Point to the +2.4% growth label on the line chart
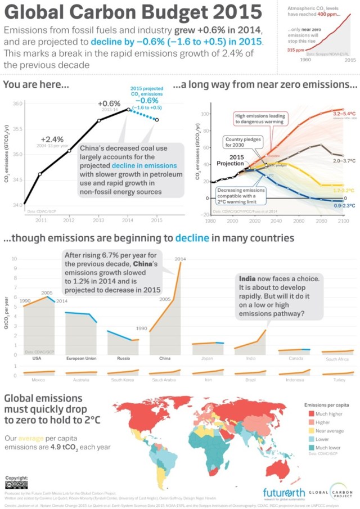click(x=52, y=139)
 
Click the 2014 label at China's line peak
click(x=180, y=259)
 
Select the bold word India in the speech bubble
click(x=247, y=279)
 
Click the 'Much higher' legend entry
click(x=329, y=413)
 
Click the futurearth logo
click(x=285, y=493)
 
